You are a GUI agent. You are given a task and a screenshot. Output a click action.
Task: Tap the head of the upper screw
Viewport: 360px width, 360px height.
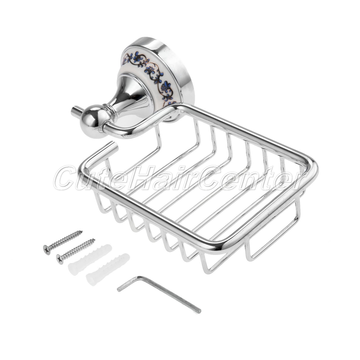[x=47, y=249]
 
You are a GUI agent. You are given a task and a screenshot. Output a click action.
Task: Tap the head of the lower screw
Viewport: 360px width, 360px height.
[x=60, y=259]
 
